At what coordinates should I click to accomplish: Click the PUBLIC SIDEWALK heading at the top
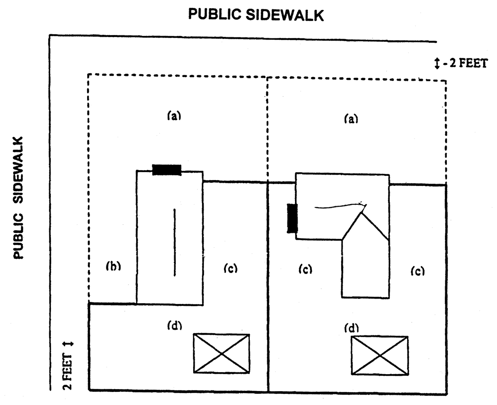tap(256, 15)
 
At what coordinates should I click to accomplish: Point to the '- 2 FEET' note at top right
tap(465, 63)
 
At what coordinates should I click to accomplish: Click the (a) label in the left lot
tap(174, 115)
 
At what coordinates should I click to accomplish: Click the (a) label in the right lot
tap(351, 119)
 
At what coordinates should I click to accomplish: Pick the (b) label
tap(113, 266)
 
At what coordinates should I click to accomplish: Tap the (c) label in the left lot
tap(230, 268)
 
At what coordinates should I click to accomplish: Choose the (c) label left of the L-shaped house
tap(305, 269)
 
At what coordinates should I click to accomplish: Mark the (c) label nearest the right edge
tap(417, 271)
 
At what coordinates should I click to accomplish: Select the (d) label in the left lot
tap(174, 325)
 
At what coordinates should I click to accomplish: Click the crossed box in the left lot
tap(221, 353)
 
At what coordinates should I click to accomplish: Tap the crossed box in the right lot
tap(380, 355)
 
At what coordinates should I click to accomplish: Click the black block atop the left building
tap(167, 170)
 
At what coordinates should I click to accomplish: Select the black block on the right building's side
tap(292, 218)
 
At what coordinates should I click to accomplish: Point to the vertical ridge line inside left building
tap(174, 242)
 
